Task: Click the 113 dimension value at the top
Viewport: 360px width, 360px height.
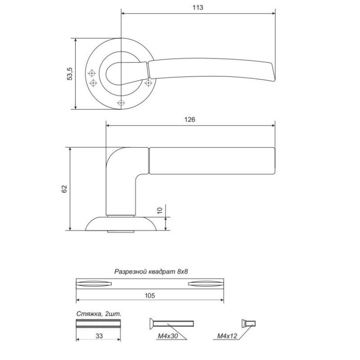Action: pos(198,8)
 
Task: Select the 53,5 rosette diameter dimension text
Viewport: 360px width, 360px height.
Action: pos(70,74)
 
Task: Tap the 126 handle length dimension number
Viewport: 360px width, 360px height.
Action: pos(190,120)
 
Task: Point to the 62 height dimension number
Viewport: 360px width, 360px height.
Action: pos(64,189)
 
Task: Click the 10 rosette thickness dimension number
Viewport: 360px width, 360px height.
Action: pos(160,210)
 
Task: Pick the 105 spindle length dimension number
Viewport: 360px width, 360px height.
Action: pos(150,296)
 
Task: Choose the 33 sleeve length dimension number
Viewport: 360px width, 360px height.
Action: pos(99,336)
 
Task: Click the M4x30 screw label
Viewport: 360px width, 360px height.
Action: pos(168,336)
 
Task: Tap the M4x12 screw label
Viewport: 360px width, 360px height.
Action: pos(227,336)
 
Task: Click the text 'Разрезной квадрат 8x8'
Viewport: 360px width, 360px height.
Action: pos(151,272)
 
